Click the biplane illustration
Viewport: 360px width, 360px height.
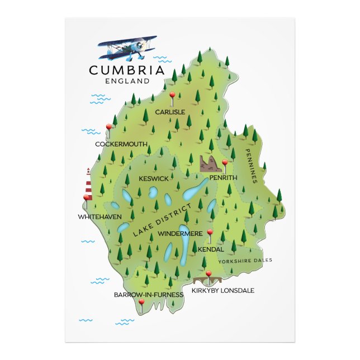(x=127, y=48)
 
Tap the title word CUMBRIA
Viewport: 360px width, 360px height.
(x=127, y=70)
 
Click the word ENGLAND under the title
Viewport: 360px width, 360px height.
(x=127, y=80)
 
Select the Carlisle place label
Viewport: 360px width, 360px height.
(x=170, y=112)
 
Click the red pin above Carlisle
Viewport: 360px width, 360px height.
(x=172, y=96)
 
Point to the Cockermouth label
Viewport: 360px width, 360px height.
(x=121, y=144)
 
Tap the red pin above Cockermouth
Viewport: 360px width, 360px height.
(x=108, y=128)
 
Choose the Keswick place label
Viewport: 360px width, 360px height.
(x=153, y=178)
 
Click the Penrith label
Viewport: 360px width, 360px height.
(x=223, y=178)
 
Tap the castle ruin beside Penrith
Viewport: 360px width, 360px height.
(x=210, y=164)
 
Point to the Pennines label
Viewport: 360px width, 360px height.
(x=250, y=165)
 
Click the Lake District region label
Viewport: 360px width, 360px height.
(x=163, y=220)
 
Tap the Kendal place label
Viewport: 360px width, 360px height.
(x=211, y=249)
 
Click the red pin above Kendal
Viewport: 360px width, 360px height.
(x=210, y=233)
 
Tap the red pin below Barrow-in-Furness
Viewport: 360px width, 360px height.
(x=141, y=302)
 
